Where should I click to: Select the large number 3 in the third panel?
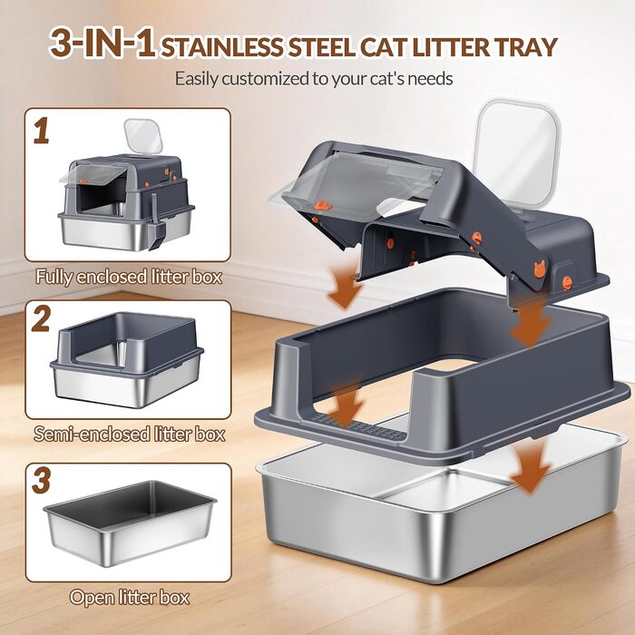click(x=42, y=480)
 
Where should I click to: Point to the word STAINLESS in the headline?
click(x=222, y=47)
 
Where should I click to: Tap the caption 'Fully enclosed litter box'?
click(x=129, y=277)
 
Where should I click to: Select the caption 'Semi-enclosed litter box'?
click(x=129, y=434)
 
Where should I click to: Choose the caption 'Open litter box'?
click(x=130, y=597)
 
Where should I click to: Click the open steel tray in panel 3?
click(x=130, y=523)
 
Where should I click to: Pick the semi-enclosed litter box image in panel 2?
click(x=127, y=359)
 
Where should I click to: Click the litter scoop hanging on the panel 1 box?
click(x=155, y=223)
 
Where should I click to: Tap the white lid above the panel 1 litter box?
click(x=143, y=136)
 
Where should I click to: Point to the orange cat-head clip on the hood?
click(x=540, y=269)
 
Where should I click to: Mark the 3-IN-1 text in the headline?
click(x=102, y=43)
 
